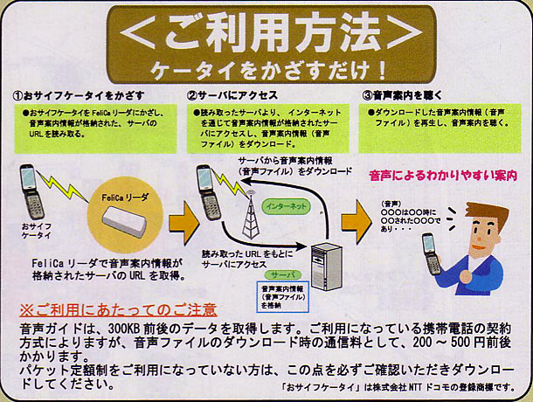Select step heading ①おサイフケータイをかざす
point(79,95)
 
